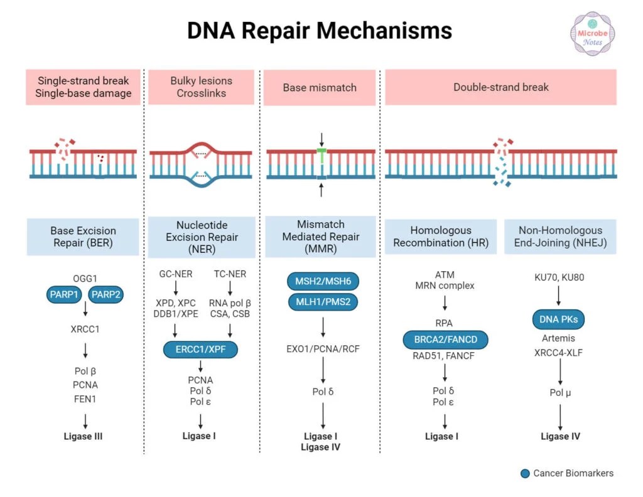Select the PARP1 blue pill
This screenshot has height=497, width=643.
point(63,294)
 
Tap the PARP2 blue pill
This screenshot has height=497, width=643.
point(106,294)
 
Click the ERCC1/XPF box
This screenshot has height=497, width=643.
point(200,350)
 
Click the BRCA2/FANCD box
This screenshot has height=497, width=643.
point(445,340)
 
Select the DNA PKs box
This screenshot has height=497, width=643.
point(559,319)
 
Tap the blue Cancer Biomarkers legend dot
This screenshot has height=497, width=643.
point(525,473)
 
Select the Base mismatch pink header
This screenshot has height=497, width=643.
point(319,87)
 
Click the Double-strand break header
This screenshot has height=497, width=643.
point(500,87)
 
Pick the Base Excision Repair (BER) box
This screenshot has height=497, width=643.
point(82,236)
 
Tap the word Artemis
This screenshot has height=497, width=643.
point(559,338)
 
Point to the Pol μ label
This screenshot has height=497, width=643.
point(559,393)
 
